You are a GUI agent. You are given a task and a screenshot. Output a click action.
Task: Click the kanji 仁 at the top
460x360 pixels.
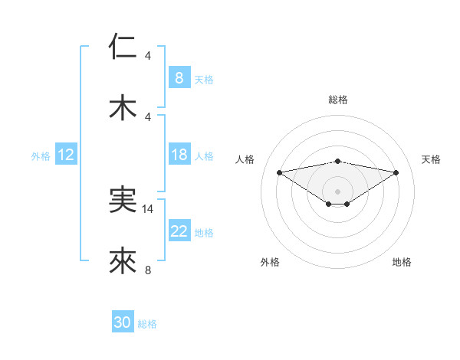[x=123, y=47]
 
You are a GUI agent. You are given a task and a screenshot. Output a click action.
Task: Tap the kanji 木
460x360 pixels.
[x=123, y=106]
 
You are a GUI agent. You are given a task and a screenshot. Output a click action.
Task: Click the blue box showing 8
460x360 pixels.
[x=179, y=77]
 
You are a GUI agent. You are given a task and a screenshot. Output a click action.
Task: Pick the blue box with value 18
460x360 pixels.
[x=179, y=155]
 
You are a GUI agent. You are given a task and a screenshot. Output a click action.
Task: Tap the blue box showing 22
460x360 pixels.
[x=179, y=231]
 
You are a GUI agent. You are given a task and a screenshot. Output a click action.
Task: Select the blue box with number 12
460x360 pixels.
[x=65, y=155]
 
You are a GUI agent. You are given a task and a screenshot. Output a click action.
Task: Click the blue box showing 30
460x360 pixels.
[x=123, y=322]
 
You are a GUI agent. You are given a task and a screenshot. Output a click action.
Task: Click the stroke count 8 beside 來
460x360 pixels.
[x=148, y=270]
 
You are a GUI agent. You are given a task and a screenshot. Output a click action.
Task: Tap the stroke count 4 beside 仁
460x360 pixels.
[x=148, y=56]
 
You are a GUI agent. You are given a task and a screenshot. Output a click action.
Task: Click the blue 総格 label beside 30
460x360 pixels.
[x=147, y=324]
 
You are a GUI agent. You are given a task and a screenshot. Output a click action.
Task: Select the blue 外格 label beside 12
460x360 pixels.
[x=41, y=155]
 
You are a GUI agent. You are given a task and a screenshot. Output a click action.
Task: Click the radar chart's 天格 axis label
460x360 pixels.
[x=431, y=159]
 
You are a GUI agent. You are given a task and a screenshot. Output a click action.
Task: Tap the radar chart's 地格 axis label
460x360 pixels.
[x=402, y=262]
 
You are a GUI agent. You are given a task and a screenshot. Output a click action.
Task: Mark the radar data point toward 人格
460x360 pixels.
[x=279, y=172]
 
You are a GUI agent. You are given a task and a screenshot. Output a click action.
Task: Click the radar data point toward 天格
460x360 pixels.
[x=396, y=172]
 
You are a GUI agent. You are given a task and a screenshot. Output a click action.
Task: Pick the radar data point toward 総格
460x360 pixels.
[x=337, y=162]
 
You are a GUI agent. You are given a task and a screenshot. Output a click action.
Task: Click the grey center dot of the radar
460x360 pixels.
[x=337, y=191]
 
